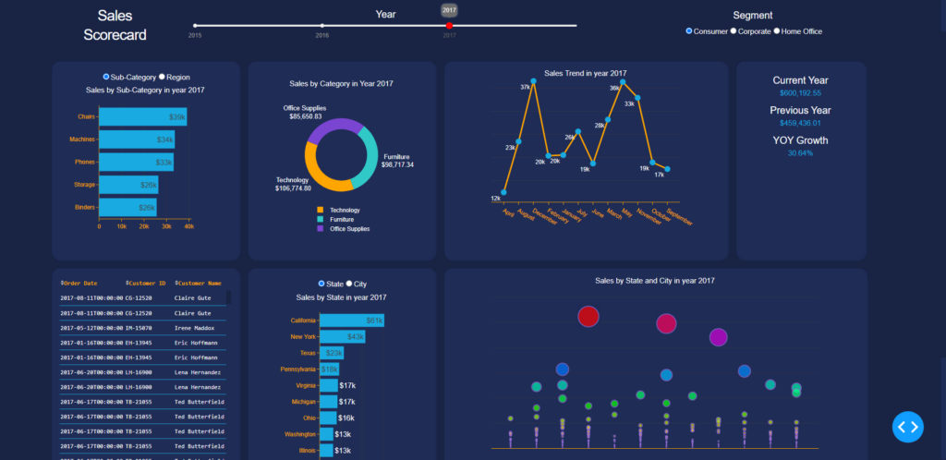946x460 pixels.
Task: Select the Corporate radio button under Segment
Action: [734, 31]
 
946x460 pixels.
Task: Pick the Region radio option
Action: [163, 77]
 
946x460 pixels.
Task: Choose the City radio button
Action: [349, 284]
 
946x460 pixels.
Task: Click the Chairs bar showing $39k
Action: [142, 117]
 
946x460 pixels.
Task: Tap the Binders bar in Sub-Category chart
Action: [127, 208]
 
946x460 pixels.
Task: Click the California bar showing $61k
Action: [351, 321]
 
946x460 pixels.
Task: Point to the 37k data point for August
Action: [533, 82]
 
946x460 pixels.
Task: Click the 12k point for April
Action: [503, 192]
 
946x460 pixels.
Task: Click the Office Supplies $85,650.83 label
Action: [304, 113]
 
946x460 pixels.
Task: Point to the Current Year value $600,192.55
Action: [800, 93]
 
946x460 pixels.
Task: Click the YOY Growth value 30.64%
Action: [800, 153]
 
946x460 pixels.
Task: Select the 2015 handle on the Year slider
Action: [195, 26]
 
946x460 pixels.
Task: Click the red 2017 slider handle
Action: [449, 26]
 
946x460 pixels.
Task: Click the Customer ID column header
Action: [147, 284]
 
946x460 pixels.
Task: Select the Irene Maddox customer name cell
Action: [193, 328]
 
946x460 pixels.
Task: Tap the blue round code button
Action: [908, 427]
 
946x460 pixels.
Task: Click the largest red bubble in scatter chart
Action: [588, 317]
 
